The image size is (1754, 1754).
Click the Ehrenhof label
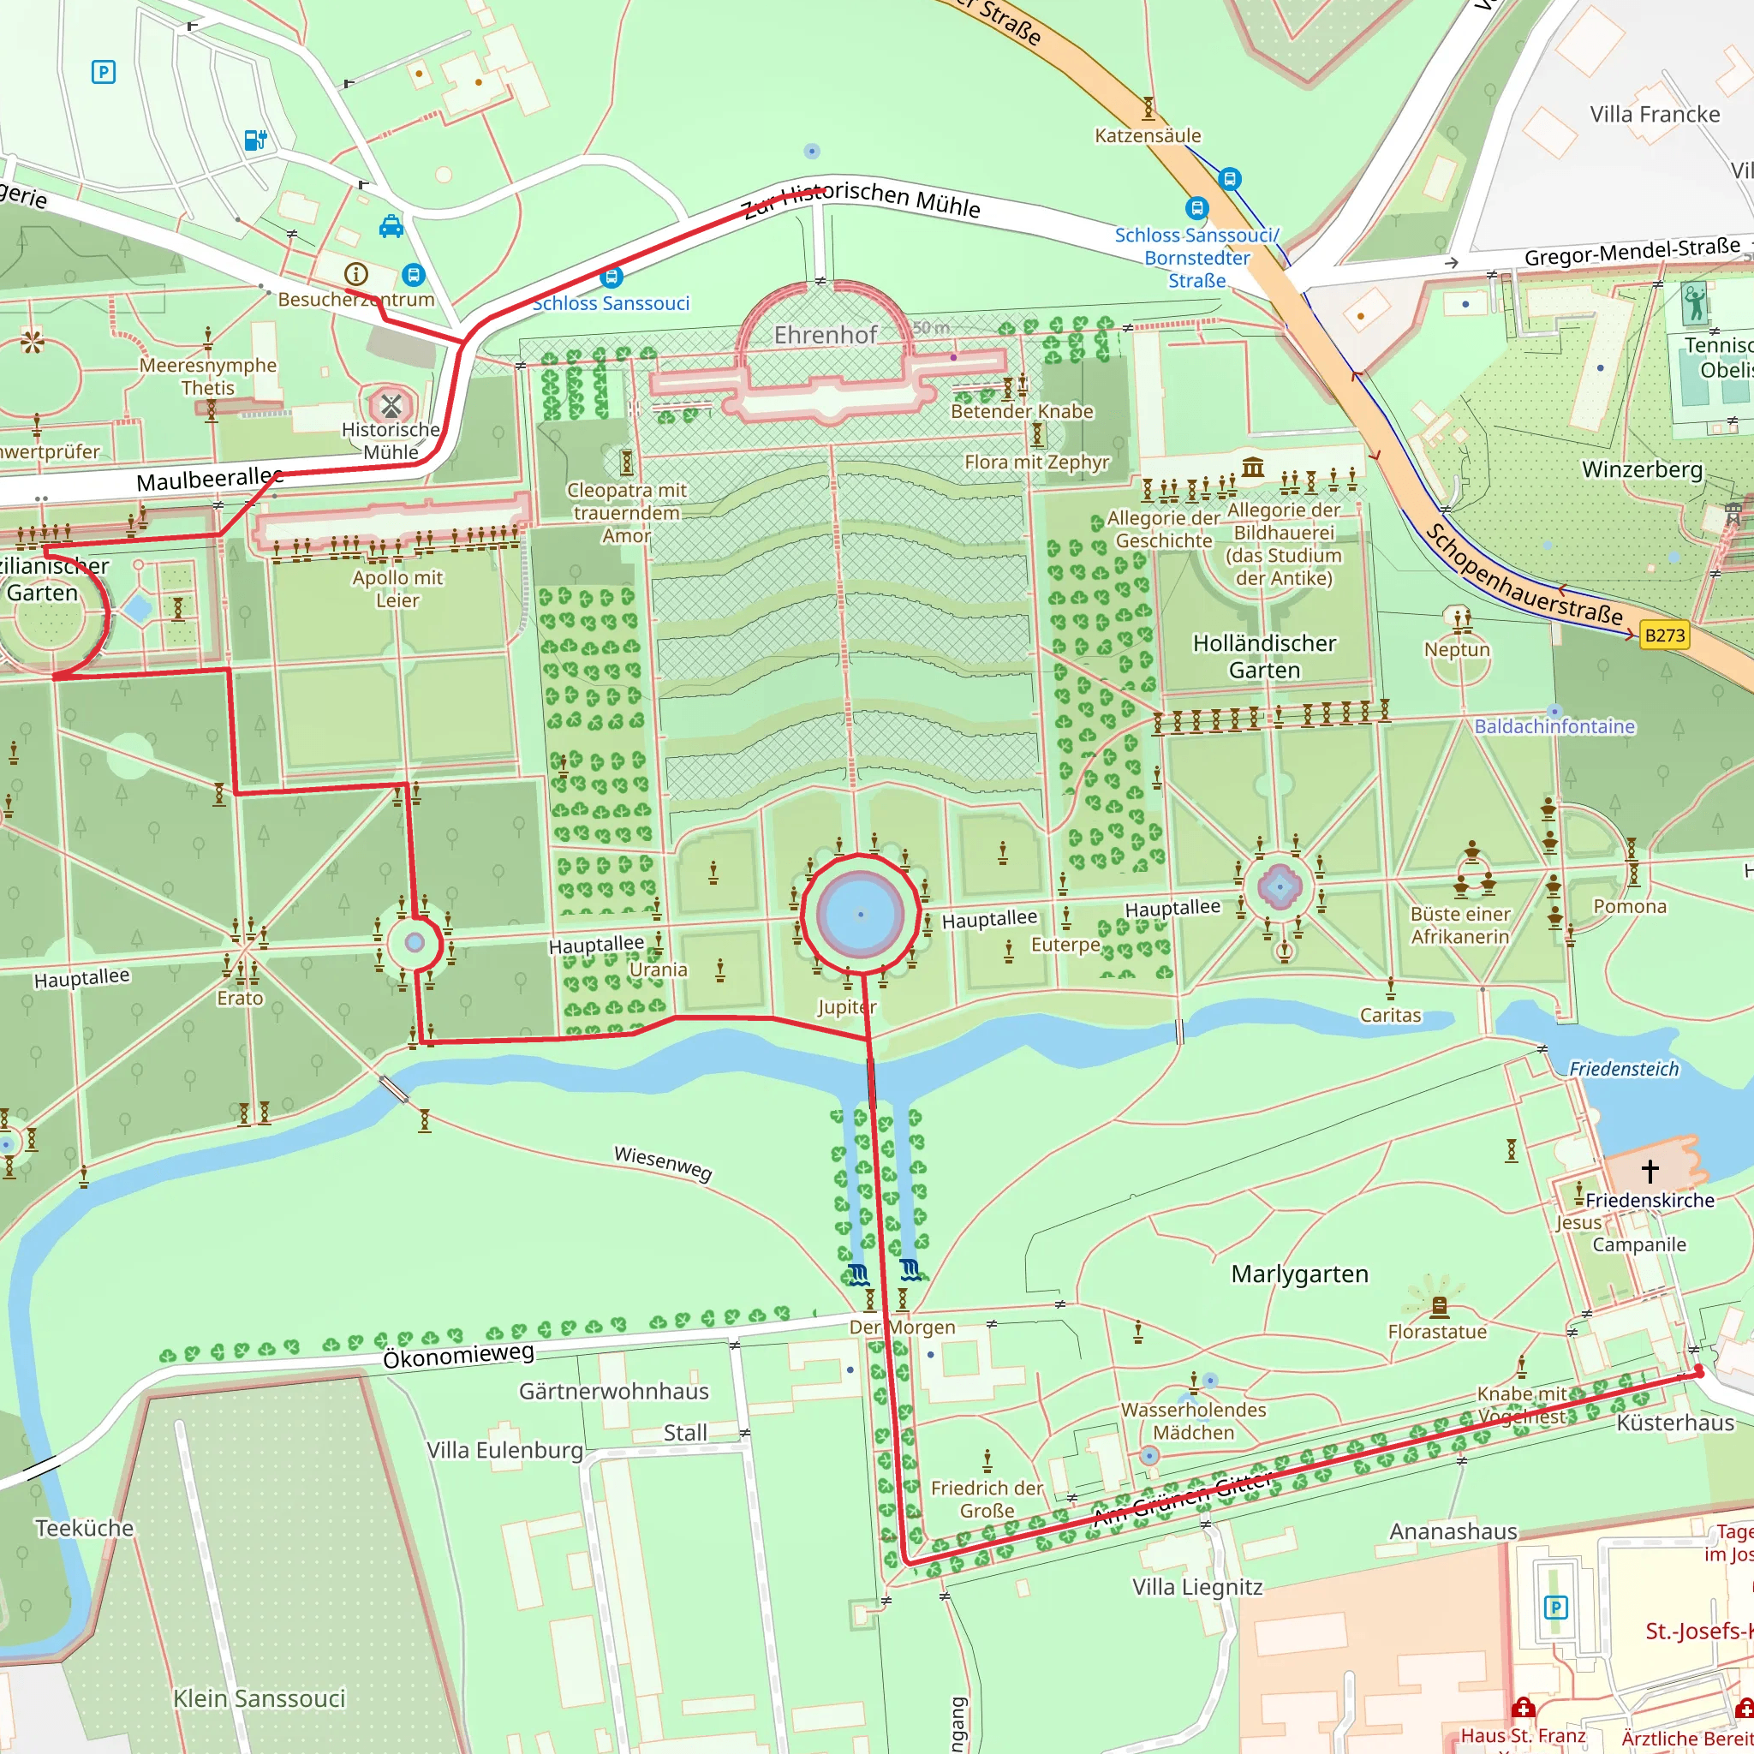point(825,335)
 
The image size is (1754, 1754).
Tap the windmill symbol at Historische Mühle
point(391,405)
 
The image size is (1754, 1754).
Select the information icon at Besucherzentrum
point(356,273)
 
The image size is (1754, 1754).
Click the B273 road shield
point(1664,635)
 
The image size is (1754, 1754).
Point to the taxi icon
point(391,226)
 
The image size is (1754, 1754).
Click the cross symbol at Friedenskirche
point(1650,1170)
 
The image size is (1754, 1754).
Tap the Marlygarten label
point(1299,1274)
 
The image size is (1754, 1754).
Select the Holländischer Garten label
point(1264,656)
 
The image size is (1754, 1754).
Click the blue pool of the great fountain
point(860,913)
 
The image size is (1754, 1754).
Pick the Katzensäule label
point(1148,136)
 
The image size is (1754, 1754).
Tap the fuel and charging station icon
point(256,140)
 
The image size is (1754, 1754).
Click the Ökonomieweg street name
point(457,1357)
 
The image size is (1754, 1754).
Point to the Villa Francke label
point(1654,115)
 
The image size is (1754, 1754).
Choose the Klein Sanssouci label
point(259,1698)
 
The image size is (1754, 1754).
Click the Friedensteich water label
point(1623,1070)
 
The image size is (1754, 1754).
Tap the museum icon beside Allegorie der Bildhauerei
point(1253,468)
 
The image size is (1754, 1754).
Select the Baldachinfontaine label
point(1554,726)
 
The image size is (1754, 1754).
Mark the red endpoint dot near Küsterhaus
point(1699,1374)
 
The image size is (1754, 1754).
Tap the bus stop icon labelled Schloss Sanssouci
point(611,276)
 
